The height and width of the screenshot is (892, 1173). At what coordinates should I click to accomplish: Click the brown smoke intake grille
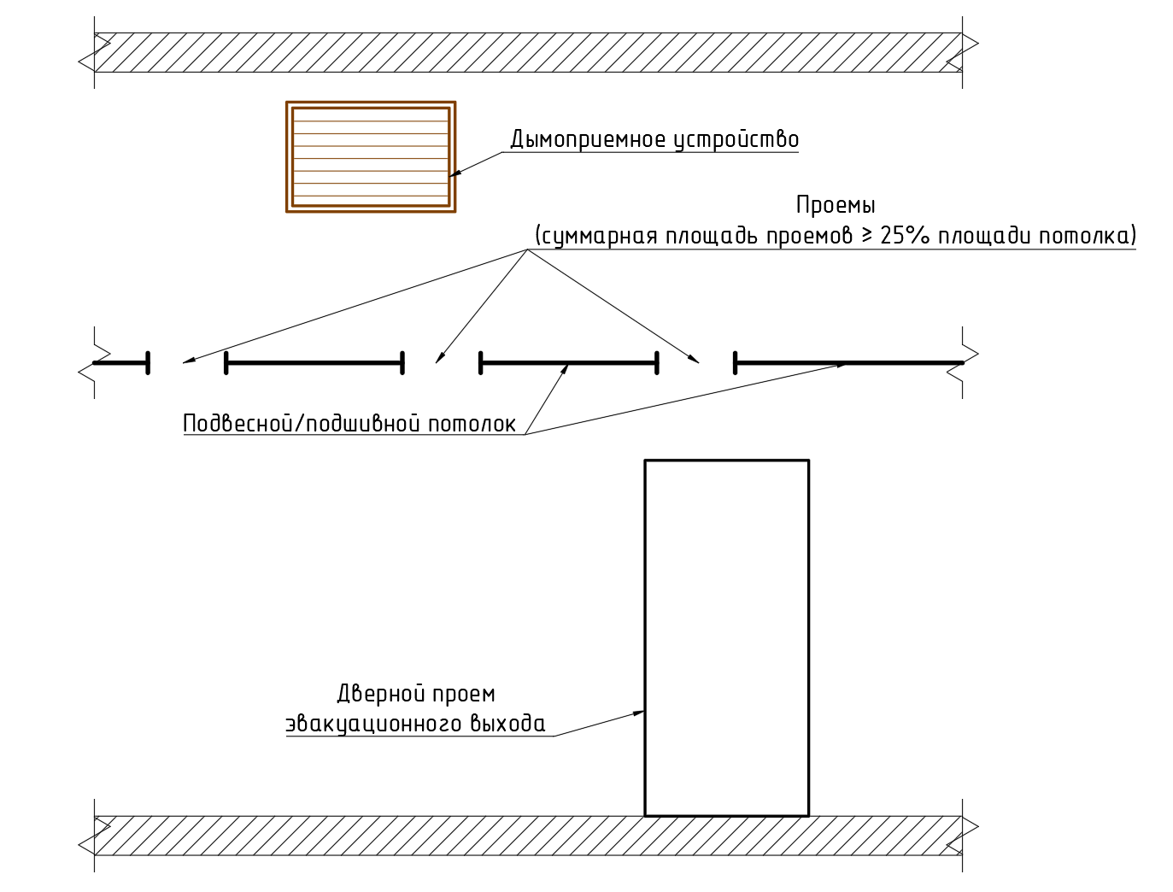click(370, 156)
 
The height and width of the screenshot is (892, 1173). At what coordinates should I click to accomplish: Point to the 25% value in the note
click(904, 236)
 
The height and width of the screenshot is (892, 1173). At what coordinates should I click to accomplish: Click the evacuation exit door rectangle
click(726, 637)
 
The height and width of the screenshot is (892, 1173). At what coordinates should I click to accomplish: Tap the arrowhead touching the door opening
click(638, 712)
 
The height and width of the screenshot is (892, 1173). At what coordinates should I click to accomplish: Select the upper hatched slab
click(528, 52)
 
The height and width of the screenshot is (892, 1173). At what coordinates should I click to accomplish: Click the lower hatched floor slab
click(528, 836)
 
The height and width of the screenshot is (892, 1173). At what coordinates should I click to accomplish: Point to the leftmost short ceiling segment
click(120, 363)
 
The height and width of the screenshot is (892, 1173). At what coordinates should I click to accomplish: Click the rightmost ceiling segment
click(848, 363)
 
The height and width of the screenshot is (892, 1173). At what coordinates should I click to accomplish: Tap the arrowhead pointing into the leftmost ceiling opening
click(188, 361)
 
